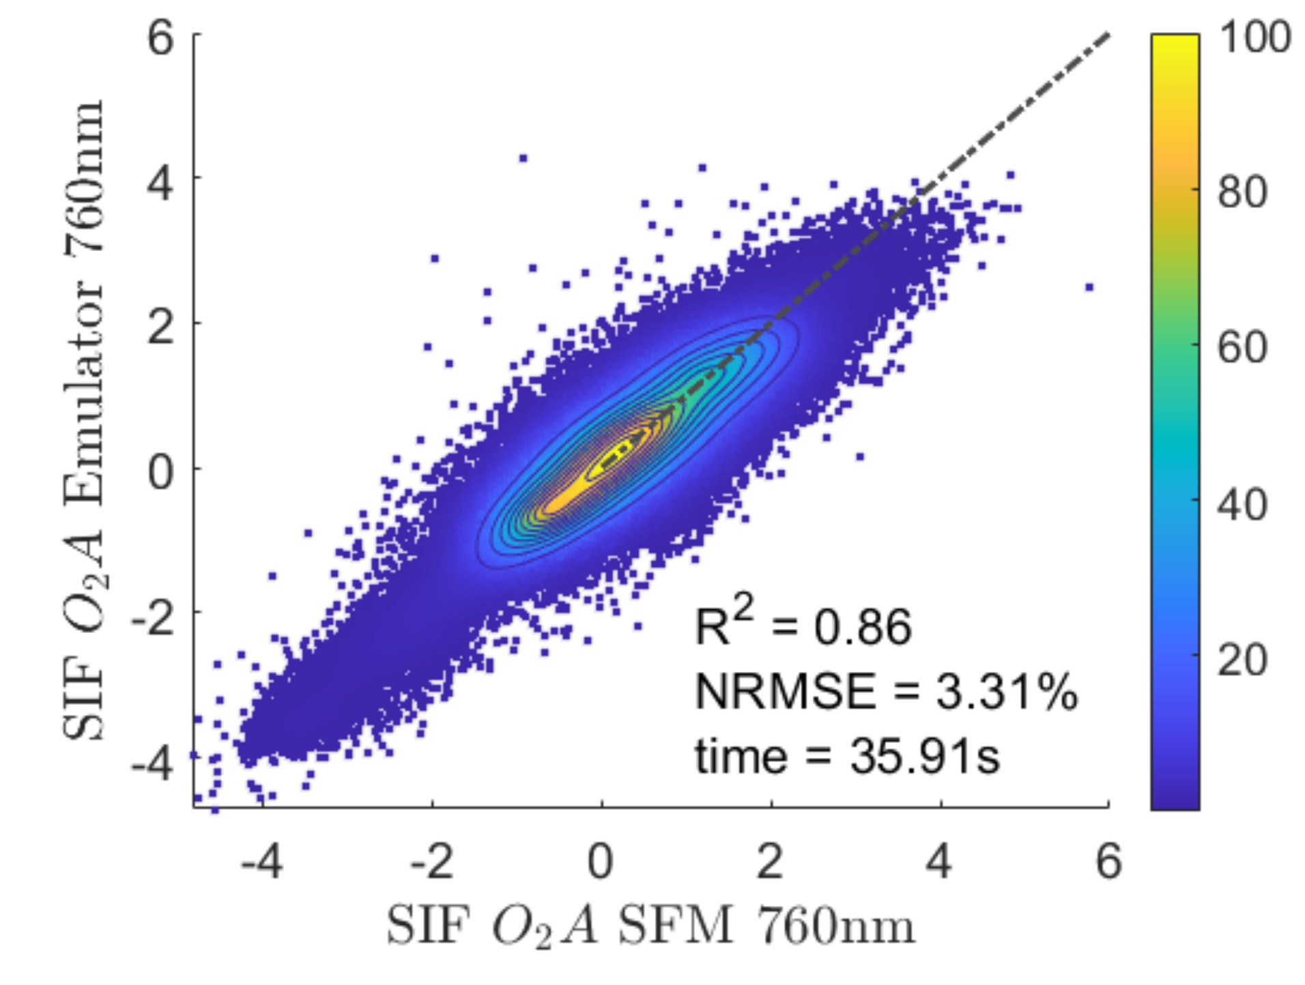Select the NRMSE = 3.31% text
pyautogui.click(x=885, y=691)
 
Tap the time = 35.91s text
pyautogui.click(x=846, y=756)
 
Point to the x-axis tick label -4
pyautogui.click(x=261, y=861)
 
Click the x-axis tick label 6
pyautogui.click(x=1108, y=861)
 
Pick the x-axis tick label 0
pyautogui.click(x=601, y=861)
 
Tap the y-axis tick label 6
pyautogui.click(x=160, y=38)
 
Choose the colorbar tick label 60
pyautogui.click(x=1242, y=347)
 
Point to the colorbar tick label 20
pyautogui.click(x=1242, y=660)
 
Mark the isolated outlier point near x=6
pyautogui.click(x=1089, y=287)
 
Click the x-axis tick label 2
pyautogui.click(x=770, y=861)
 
